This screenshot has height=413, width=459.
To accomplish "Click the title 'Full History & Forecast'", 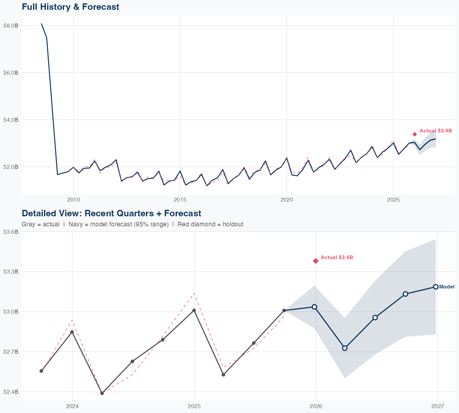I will pos(70,7).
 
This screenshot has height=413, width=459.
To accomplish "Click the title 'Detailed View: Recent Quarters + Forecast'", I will pos(111,213).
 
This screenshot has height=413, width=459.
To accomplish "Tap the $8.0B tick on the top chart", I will pos(11,25).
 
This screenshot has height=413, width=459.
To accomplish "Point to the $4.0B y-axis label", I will pos(11,120).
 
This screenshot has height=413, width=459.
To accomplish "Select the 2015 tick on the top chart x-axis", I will pos(180,200).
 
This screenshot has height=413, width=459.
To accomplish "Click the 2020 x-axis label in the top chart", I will pos(287,200).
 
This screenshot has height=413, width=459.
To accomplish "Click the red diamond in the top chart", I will pos(415,134).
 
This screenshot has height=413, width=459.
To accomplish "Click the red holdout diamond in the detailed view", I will pos(316,261).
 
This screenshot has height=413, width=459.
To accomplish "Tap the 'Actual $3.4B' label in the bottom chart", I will pos(337,258).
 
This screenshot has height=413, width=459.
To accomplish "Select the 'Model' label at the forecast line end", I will pos(447,287).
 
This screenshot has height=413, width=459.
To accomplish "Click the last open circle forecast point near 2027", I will pos(436,287).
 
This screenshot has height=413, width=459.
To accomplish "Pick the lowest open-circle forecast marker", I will pos(345,348).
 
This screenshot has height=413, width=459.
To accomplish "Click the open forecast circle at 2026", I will pos(314,307).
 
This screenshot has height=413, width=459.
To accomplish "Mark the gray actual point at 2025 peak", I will pos(194,311).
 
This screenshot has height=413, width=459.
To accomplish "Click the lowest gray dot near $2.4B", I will pos(102,393).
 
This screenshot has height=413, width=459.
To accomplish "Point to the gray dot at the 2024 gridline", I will pos(72,332).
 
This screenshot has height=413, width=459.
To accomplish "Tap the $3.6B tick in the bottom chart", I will pos(11,232).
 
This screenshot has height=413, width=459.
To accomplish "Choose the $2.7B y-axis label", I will pos(11,352).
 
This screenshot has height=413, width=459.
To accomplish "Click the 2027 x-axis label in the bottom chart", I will pos(438,407).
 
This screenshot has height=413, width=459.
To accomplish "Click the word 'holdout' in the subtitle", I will pos(233,224).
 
